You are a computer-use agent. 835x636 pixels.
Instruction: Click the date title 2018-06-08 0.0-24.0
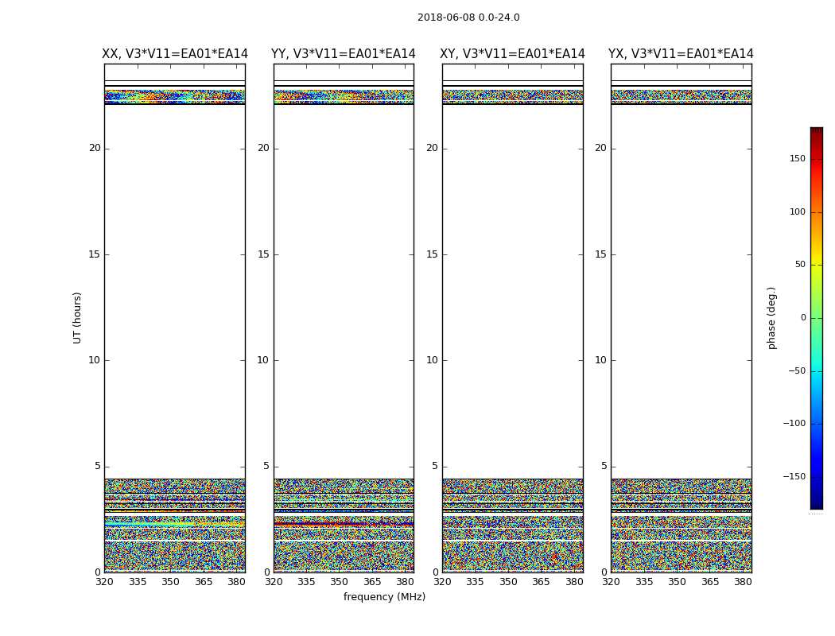[x=468, y=17]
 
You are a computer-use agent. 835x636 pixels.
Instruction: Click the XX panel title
[x=175, y=54]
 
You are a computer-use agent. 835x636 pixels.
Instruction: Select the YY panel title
[x=344, y=54]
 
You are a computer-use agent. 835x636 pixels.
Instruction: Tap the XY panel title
[x=513, y=54]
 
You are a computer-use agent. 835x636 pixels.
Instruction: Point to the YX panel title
[x=681, y=54]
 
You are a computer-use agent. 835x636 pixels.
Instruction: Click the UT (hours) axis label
[x=77, y=317]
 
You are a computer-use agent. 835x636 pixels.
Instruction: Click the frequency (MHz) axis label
[x=384, y=597]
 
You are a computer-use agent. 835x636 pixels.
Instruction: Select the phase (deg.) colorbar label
[x=771, y=317]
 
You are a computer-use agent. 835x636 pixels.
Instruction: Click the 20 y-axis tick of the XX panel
[x=95, y=148]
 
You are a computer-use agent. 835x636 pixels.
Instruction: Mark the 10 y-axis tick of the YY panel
[x=263, y=360]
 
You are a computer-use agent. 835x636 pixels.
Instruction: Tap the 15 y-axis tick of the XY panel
[x=432, y=254]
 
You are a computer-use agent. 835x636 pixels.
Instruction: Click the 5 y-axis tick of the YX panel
[x=604, y=466]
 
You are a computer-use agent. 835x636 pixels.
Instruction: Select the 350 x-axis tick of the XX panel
[x=170, y=582]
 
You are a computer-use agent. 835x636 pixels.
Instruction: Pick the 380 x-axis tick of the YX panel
[x=743, y=582]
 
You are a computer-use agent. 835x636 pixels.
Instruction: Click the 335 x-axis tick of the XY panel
[x=475, y=582]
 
